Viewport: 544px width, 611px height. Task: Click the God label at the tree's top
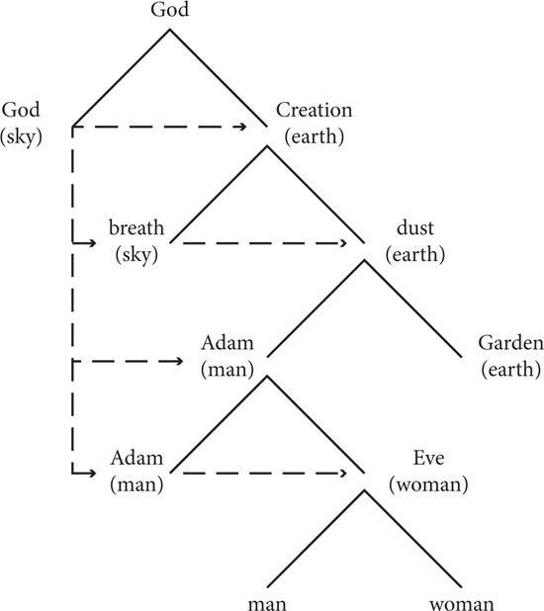pyautogui.click(x=170, y=9)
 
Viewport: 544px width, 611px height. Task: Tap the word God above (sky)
pyautogui.click(x=21, y=110)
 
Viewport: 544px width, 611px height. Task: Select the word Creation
pyautogui.click(x=314, y=110)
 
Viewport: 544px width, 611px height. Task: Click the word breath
pyautogui.click(x=136, y=227)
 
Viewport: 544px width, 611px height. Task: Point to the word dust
pyautogui.click(x=414, y=227)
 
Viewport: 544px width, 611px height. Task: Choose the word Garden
pyautogui.click(x=510, y=343)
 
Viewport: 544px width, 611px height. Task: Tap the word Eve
pyautogui.click(x=428, y=458)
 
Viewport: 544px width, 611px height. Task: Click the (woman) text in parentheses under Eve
pyautogui.click(x=428, y=484)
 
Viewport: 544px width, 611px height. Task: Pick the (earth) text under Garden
pyautogui.click(x=510, y=370)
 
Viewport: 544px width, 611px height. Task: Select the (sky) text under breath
pyautogui.click(x=136, y=255)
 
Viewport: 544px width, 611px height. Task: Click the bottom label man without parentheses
pyautogui.click(x=267, y=604)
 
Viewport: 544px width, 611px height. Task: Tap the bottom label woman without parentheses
pyautogui.click(x=462, y=604)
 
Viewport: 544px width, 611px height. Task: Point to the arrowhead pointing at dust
pyautogui.click(x=342, y=243)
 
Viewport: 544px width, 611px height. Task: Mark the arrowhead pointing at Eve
pyautogui.click(x=342, y=474)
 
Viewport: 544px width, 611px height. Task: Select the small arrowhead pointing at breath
pyautogui.click(x=92, y=243)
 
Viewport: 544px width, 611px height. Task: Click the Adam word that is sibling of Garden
pyautogui.click(x=227, y=343)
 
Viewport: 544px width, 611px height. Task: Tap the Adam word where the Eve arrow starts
pyautogui.click(x=136, y=458)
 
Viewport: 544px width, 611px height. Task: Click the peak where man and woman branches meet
pyautogui.click(x=364, y=490)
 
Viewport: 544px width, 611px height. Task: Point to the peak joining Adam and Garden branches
pyautogui.click(x=364, y=261)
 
